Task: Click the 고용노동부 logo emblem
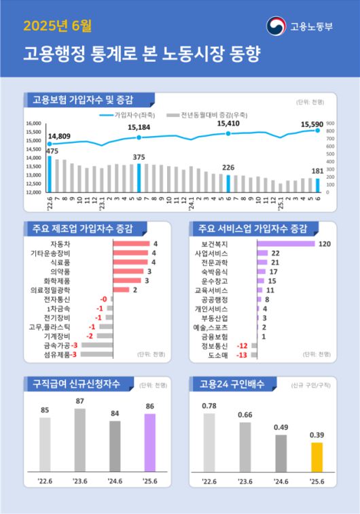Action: coord(276,27)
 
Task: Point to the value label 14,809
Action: coord(59,137)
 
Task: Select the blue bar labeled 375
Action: coord(139,177)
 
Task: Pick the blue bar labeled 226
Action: coord(228,184)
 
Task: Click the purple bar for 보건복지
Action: coord(285,243)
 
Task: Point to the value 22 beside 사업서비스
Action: coord(275,253)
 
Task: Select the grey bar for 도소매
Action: coord(254,354)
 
